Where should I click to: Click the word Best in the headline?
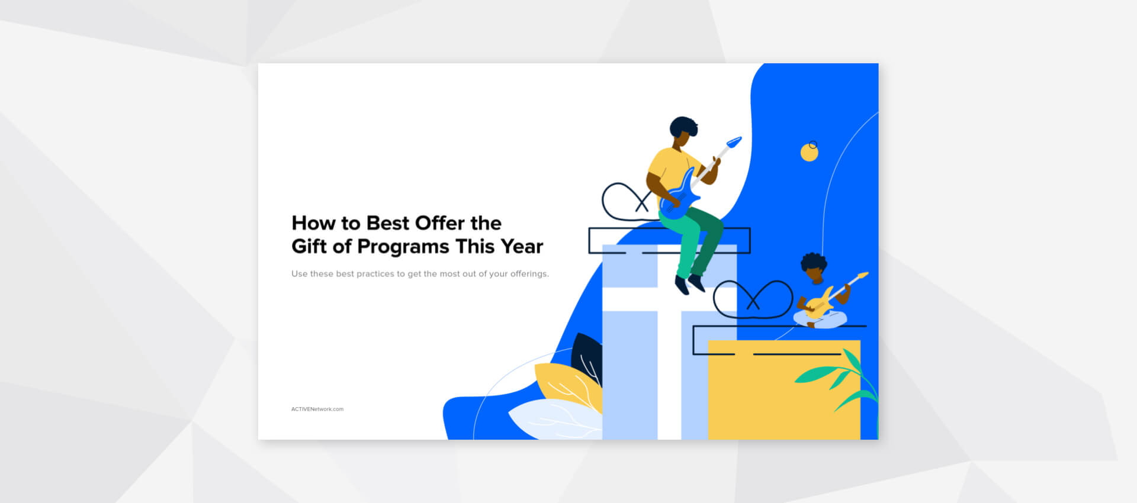pos(388,223)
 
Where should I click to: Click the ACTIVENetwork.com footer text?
pos(317,409)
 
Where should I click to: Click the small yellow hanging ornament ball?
pos(809,153)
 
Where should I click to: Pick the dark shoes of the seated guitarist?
pos(689,285)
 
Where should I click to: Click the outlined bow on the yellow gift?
pos(753,299)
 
